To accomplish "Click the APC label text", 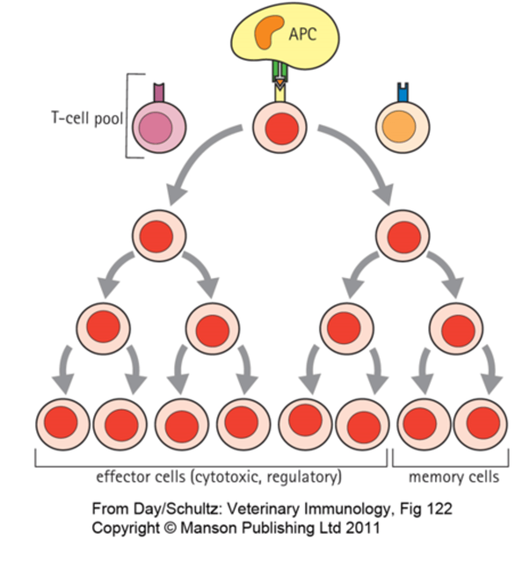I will (303, 35).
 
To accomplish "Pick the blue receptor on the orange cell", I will (403, 93).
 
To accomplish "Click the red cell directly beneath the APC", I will (280, 127).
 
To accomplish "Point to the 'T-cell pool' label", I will (86, 118).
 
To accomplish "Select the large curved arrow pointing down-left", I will (200, 157).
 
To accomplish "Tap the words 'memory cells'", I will (454, 477).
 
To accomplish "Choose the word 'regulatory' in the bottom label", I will (303, 477).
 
